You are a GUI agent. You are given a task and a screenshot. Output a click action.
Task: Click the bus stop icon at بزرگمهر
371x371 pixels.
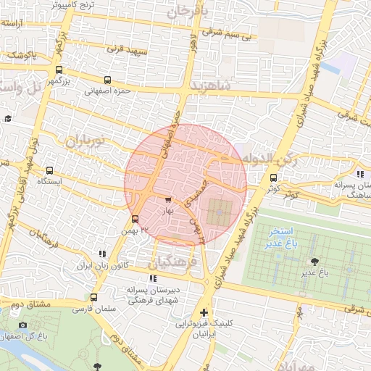pos(59,71)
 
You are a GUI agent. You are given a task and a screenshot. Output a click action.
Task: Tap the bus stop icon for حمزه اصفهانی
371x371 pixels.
pos(107,80)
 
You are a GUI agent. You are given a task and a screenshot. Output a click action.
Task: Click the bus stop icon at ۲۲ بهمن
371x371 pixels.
pos(135,219)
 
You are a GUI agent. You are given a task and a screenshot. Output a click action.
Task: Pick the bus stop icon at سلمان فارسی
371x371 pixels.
pos(93,297)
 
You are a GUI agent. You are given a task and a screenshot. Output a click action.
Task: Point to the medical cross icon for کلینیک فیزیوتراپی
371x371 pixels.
pos(204,313)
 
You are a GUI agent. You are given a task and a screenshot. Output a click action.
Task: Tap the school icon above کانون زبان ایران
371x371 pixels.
pos(102,254)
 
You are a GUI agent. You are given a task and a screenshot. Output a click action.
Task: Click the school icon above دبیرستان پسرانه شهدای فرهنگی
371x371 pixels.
pos(151,278)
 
